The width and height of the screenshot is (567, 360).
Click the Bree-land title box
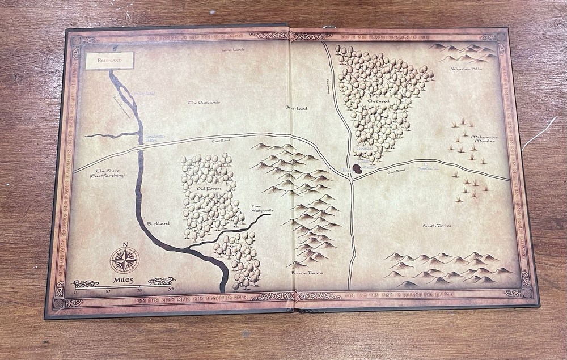109,61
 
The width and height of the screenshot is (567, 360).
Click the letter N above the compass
125,245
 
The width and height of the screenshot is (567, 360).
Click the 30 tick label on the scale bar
170,289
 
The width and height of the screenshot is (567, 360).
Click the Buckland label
158,223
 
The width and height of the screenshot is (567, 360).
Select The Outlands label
204,103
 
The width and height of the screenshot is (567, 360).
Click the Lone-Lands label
233,50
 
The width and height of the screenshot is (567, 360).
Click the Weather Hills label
466,69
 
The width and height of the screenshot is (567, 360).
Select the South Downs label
437,226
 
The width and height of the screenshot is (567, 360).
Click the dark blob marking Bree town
358,168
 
